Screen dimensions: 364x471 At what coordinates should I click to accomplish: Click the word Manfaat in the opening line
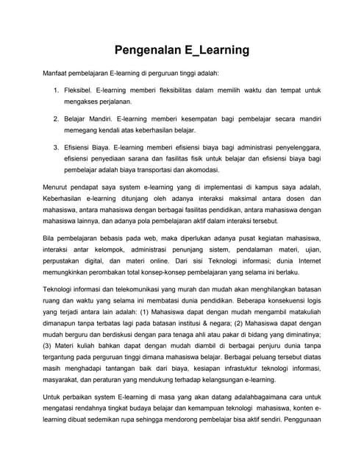pyautogui.click(x=57, y=74)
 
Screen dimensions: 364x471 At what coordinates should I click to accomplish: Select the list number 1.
pyautogui.click(x=57, y=90)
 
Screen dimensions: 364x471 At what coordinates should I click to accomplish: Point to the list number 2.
pyautogui.click(x=57, y=118)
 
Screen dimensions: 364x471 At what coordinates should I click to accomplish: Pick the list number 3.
pyautogui.click(x=57, y=146)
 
